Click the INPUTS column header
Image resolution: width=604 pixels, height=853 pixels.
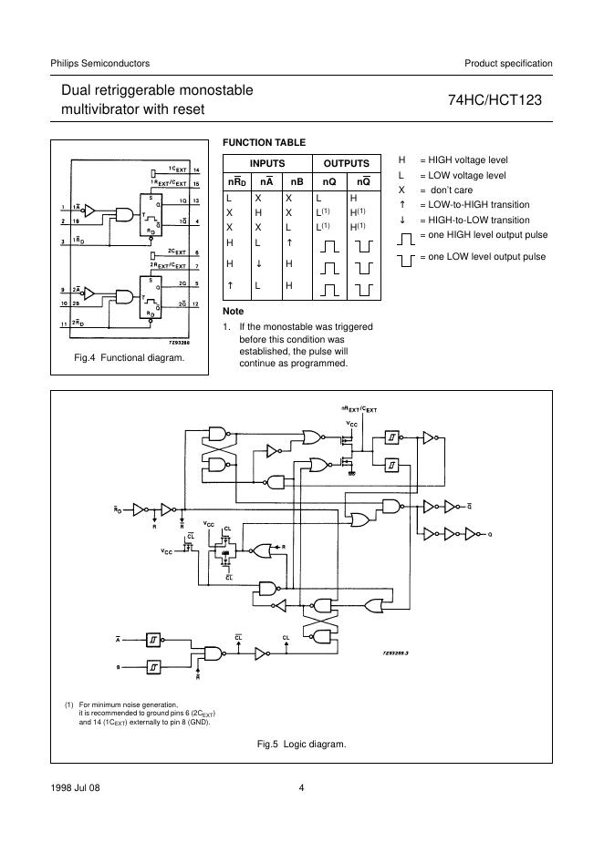point(267,163)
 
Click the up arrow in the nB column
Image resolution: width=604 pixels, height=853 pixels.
point(289,242)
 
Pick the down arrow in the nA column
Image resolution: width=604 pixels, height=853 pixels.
point(258,263)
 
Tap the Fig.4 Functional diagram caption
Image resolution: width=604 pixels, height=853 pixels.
point(129,357)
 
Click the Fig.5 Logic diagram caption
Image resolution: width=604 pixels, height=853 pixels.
point(302,744)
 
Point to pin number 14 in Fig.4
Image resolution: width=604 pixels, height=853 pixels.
point(195,170)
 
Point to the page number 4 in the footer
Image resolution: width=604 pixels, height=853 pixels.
point(301,788)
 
